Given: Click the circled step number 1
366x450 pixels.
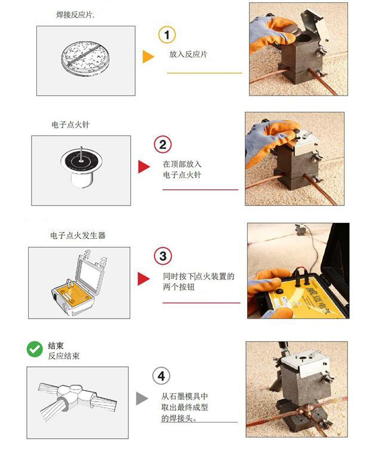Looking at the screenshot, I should pos(167,35).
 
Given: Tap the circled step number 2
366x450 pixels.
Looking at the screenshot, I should pos(162,145).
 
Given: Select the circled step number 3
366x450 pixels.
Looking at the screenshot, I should pos(162,256).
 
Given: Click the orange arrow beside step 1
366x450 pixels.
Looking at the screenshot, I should pos(148,57).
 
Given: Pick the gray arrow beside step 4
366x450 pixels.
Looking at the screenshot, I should pos(142,399).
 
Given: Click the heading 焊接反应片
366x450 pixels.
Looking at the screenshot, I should pos(73,14).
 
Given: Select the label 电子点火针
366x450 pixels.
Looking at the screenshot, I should pos(70,125).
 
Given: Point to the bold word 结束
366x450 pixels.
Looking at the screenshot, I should pos(56,345).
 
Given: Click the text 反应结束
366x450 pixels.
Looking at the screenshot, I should pos(64,356).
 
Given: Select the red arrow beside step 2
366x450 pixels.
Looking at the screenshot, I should pos(143,167).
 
